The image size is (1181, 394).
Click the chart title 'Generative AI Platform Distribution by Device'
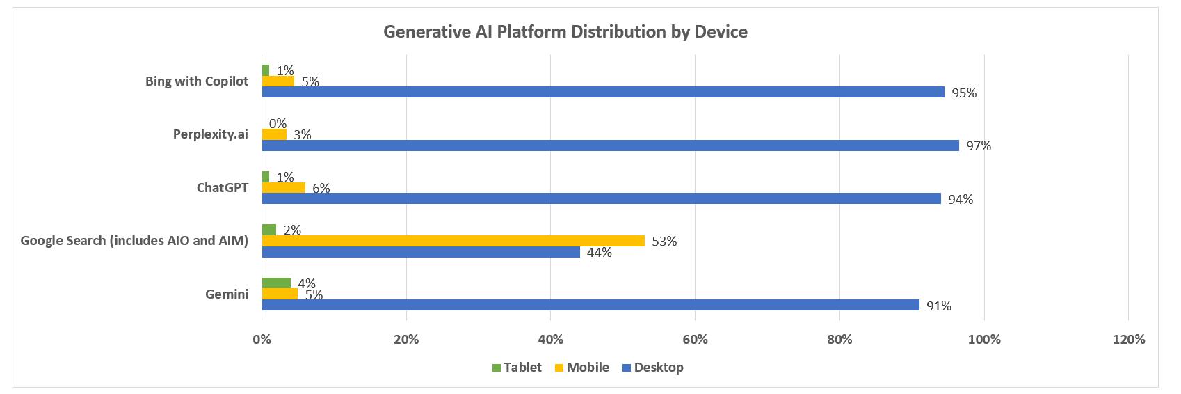[x=565, y=32]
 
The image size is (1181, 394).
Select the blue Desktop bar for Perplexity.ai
[x=610, y=145]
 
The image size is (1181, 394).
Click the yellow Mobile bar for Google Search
[x=453, y=241]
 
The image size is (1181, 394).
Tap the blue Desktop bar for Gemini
[x=590, y=305]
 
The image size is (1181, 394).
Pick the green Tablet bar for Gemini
[x=276, y=283]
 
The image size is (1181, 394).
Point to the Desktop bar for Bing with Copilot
[x=602, y=92]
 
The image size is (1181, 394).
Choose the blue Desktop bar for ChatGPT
[x=601, y=198]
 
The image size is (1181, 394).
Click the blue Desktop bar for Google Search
[x=421, y=252]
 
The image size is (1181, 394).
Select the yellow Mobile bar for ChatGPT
[x=283, y=187]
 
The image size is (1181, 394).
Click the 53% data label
[x=664, y=242]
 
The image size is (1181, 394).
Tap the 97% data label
[x=978, y=146]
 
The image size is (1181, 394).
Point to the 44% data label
[x=599, y=253]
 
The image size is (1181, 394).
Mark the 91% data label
[x=938, y=306]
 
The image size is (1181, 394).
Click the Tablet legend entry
[x=517, y=368]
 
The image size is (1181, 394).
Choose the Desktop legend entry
[x=652, y=368]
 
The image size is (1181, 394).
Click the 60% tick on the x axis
[x=695, y=340]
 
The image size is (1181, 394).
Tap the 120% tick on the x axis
[x=1128, y=340]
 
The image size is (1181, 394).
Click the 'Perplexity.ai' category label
[x=210, y=134]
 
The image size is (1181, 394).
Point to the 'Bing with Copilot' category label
[x=196, y=81]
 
